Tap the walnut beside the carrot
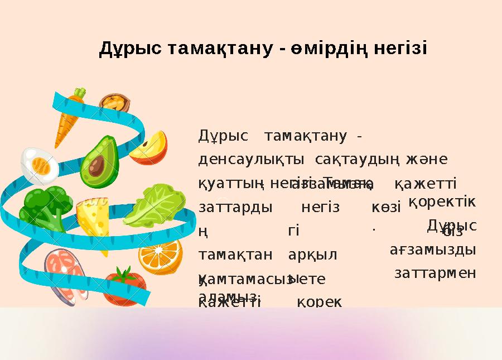(115, 104)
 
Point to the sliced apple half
(150, 147)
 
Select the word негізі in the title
(400, 49)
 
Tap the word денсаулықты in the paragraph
(251, 160)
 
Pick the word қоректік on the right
(442, 202)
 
